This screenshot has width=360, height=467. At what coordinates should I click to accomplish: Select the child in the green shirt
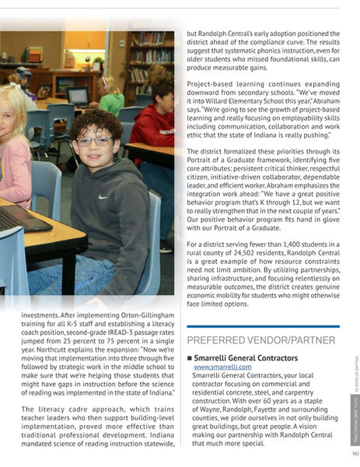coord(110,94)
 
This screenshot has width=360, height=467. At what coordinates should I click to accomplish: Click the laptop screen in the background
coord(79,96)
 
